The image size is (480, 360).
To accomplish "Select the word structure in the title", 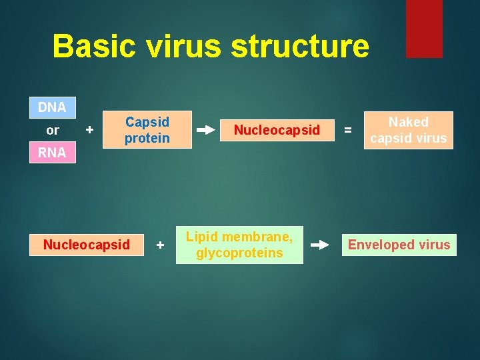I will tap(299, 47).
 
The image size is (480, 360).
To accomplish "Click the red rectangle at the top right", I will tap(424, 28).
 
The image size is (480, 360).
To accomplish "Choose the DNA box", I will tap(52, 107).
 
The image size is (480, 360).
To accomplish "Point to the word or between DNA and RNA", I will tap(53, 131).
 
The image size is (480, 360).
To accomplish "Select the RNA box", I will tap(52, 153).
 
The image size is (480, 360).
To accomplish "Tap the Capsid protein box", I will tap(147, 130).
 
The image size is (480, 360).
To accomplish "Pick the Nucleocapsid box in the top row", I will tap(277, 130).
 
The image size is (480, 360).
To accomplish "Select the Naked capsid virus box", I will tap(409, 130).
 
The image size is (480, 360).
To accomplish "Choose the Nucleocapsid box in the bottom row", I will tap(87, 245).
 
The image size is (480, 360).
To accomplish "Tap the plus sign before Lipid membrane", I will tap(160, 245).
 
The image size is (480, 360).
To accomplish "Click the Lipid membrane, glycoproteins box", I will tap(239, 245).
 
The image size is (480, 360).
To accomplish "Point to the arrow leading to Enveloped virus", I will tap(320, 245).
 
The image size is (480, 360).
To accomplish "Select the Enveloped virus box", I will tap(399, 245).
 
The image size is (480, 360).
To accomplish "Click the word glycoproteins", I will tap(239, 253).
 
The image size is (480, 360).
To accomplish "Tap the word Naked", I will tap(409, 122).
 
